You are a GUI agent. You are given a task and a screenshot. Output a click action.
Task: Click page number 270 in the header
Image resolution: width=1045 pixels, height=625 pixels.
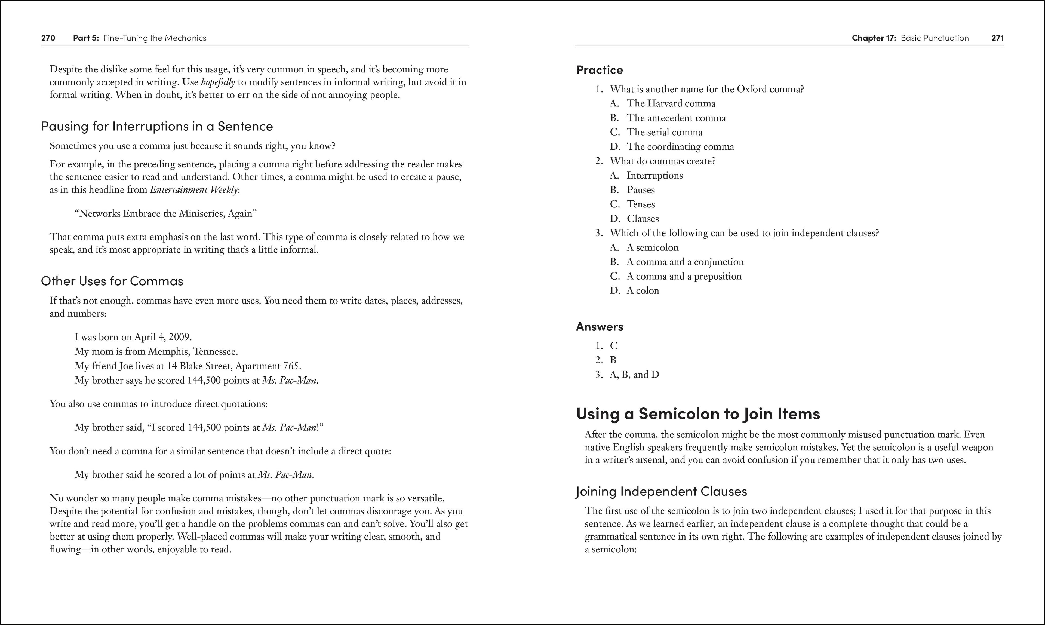(48, 38)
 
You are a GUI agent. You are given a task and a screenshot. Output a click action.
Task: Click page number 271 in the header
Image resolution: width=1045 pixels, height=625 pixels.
(997, 38)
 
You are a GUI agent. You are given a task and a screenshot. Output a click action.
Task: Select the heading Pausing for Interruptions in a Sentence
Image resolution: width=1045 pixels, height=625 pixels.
(157, 126)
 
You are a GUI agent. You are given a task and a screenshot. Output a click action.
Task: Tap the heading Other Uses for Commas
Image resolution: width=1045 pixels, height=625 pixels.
(112, 281)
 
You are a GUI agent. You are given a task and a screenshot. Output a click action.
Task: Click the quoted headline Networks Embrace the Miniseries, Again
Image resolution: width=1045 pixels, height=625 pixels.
(165, 213)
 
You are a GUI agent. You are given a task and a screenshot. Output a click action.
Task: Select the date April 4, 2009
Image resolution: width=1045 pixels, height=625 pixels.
(162, 337)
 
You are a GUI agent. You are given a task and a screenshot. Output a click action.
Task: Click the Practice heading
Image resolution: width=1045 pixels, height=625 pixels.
(599, 70)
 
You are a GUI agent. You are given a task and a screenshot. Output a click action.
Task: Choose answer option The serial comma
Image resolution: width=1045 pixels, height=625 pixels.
(664, 132)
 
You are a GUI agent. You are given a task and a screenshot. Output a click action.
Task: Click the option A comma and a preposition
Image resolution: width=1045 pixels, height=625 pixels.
(684, 276)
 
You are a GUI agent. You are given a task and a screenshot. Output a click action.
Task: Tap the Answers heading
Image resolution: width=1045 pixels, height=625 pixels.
(599, 327)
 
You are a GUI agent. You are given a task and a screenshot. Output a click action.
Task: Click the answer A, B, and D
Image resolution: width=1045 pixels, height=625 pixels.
(634, 374)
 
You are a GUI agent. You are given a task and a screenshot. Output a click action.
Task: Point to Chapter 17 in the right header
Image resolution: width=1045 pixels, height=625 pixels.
(874, 38)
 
